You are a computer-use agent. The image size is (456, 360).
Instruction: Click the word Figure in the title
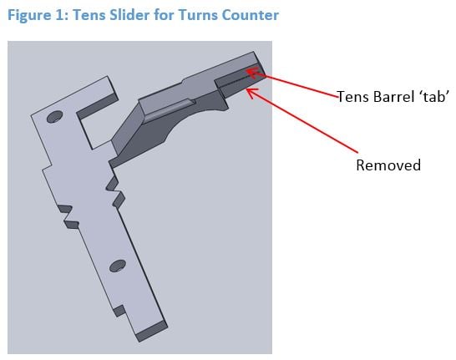pos(29,15)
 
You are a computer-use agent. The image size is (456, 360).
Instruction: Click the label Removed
pos(388,165)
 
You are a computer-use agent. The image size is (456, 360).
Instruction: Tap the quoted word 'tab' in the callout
pos(435,96)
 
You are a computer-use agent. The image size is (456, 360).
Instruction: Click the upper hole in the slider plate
pos(54,117)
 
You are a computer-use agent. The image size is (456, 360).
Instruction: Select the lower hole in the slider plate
pos(118,266)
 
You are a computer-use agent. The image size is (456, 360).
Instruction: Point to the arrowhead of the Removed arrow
pos(251,93)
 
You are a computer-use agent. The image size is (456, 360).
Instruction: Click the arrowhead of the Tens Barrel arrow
pos(252,72)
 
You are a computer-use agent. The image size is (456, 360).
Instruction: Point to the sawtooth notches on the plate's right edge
pos(116,192)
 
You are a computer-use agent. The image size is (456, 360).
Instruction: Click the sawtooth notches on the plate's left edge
pos(68,216)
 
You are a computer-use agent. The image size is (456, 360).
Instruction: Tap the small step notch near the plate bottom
pos(119,311)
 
